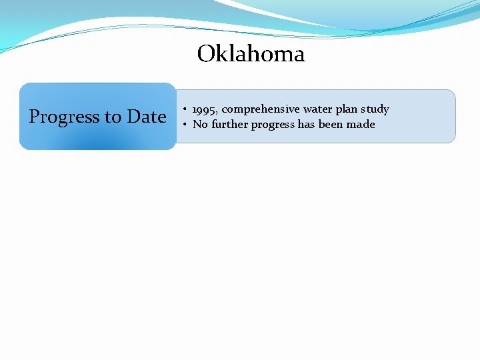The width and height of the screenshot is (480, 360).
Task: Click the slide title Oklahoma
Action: click(x=251, y=54)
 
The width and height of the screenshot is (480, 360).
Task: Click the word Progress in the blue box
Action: click(x=64, y=117)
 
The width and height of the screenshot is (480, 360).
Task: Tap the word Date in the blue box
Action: click(x=147, y=117)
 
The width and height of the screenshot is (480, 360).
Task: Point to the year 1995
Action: click(x=204, y=109)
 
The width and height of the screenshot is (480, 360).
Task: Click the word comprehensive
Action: click(x=261, y=109)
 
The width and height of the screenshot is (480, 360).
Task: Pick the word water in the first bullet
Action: click(x=317, y=109)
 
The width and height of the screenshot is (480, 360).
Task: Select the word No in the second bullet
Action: click(x=200, y=125)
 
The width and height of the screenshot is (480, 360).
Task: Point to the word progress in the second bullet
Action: click(x=273, y=125)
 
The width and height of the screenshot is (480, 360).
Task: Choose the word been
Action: click(x=331, y=125)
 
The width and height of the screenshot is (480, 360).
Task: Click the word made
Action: click(x=361, y=125)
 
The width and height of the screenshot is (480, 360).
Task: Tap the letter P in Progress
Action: click(x=35, y=117)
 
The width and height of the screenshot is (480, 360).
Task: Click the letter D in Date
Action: click(x=133, y=117)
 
